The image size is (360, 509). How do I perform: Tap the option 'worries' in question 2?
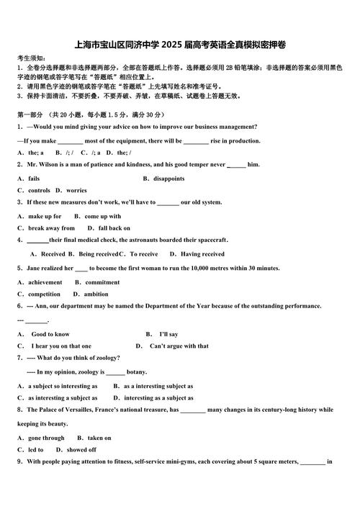pyautogui.click(x=76, y=191)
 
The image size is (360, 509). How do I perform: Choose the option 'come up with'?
pyautogui.click(x=103, y=216)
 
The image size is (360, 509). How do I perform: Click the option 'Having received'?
pyautogui.click(x=202, y=254)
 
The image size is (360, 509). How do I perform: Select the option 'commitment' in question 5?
pyautogui.click(x=102, y=282)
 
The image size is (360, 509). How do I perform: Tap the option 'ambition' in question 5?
pyautogui.click(x=96, y=294)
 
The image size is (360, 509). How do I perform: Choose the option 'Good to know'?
pyautogui.click(x=50, y=334)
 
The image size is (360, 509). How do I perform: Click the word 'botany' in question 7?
pyautogui.click(x=137, y=372)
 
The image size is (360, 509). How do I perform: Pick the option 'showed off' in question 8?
pyautogui.click(x=81, y=450)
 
